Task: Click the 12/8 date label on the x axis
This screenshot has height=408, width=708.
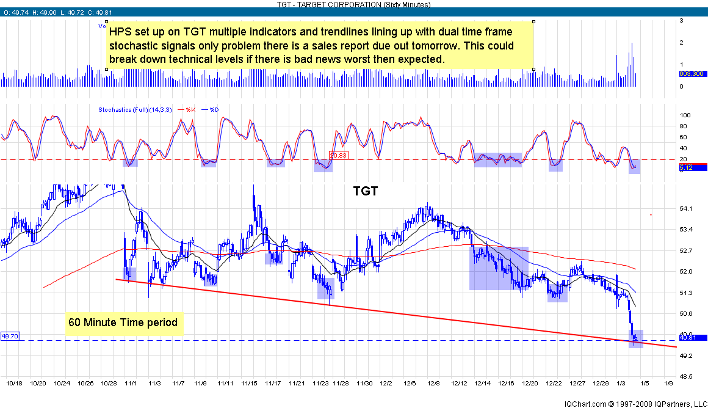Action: (434, 383)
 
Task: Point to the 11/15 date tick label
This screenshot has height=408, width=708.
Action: (248, 383)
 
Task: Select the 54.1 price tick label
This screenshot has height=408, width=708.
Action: (685, 209)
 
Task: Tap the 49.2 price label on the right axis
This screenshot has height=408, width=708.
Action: (685, 355)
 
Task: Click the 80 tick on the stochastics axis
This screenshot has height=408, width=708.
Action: (685, 126)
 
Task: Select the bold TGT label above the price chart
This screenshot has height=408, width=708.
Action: (366, 191)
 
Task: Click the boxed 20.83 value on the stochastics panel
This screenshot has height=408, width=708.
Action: (338, 155)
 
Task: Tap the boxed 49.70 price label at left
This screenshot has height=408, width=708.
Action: (10, 336)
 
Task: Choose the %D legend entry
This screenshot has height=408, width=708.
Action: (214, 109)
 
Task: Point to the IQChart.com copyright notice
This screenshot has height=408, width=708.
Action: (634, 404)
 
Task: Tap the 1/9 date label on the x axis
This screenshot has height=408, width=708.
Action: (668, 383)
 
